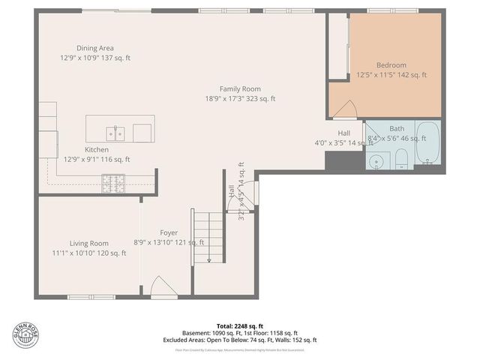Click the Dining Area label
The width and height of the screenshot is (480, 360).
[94, 47]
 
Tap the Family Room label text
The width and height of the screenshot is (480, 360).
[240, 88]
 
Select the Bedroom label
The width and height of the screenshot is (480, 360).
[391, 65]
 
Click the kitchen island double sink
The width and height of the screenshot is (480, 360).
[115, 133]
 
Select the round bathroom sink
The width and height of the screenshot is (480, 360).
[377, 160]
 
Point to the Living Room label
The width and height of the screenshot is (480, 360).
[89, 243]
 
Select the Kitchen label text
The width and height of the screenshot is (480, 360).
[96, 149]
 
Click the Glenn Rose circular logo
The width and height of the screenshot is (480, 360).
[26, 335]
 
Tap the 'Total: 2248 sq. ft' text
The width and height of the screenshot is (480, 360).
[240, 326]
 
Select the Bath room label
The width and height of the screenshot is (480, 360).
[396, 128]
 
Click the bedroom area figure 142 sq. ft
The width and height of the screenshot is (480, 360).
[412, 75]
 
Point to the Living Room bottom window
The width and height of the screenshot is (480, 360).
[90, 298]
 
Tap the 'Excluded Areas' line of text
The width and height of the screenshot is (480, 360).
[240, 340]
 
